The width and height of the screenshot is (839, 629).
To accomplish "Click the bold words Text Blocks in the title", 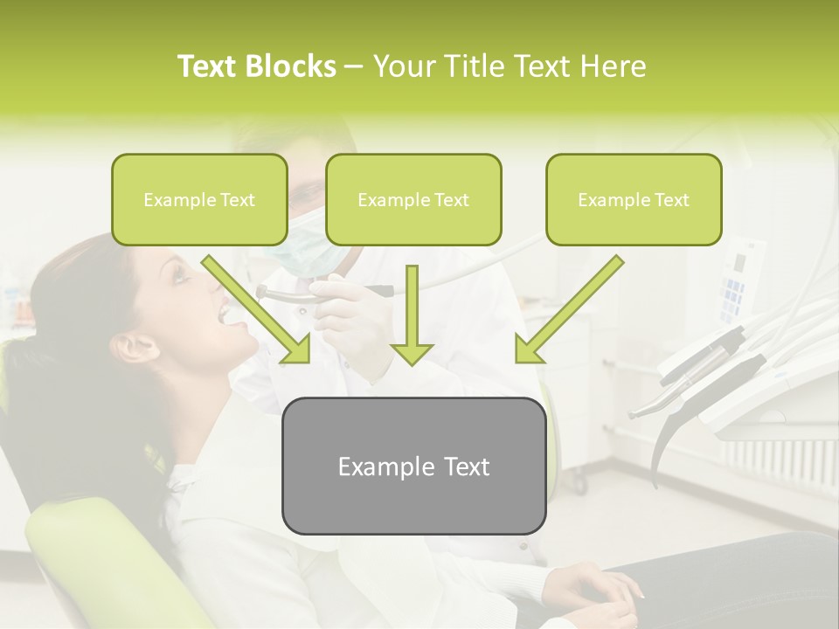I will click(x=256, y=66).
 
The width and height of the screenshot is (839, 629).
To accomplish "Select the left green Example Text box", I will click(x=199, y=200).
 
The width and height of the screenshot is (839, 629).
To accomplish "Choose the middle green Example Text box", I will click(x=413, y=200).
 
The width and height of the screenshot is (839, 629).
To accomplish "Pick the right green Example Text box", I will click(x=634, y=200).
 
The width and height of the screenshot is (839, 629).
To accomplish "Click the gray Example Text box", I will click(x=413, y=467).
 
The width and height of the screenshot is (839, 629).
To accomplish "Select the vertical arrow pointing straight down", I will click(x=412, y=315).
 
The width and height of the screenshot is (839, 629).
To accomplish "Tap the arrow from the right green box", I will click(x=569, y=309).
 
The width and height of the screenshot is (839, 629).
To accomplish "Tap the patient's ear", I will click(x=132, y=347).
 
